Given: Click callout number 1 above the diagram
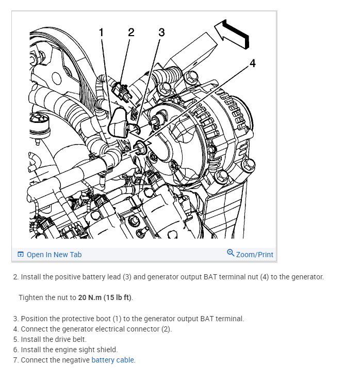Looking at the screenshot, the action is pyautogui.click(x=102, y=32).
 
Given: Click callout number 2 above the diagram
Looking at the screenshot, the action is pyautogui.click(x=131, y=32).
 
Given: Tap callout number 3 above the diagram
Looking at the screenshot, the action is pyautogui.click(x=161, y=32).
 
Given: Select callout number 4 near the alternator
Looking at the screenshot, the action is pyautogui.click(x=252, y=63).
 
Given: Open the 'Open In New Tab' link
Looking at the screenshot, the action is pyautogui.click(x=54, y=255).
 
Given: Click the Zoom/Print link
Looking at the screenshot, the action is pyautogui.click(x=254, y=255).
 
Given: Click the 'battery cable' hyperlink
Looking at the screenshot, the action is pyautogui.click(x=113, y=360).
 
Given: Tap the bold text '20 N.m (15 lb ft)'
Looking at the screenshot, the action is pyautogui.click(x=105, y=297).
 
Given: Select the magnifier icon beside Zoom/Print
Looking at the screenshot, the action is pyautogui.click(x=231, y=253).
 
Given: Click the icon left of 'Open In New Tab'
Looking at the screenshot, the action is pyautogui.click(x=21, y=255).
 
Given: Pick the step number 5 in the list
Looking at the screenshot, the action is pyautogui.click(x=15, y=339).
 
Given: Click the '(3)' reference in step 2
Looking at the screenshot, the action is pyautogui.click(x=129, y=277).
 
